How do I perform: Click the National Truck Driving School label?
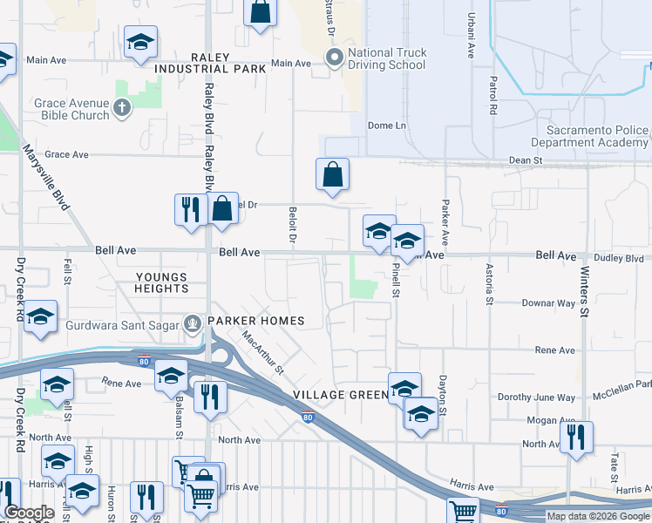(x=387, y=59)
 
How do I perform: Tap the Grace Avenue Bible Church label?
(x=71, y=109)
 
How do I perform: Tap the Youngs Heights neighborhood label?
(x=162, y=282)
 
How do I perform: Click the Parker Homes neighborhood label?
(x=255, y=321)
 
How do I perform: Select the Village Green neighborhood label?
(x=340, y=395)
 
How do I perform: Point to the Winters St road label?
(x=585, y=292)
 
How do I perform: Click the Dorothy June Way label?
(x=536, y=397)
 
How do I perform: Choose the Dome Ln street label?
(x=387, y=126)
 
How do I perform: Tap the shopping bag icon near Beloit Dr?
(x=332, y=174)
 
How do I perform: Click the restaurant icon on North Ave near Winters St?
(x=575, y=438)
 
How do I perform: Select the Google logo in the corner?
(x=29, y=513)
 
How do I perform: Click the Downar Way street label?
(x=548, y=303)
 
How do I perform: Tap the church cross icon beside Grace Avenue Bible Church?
(x=122, y=109)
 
